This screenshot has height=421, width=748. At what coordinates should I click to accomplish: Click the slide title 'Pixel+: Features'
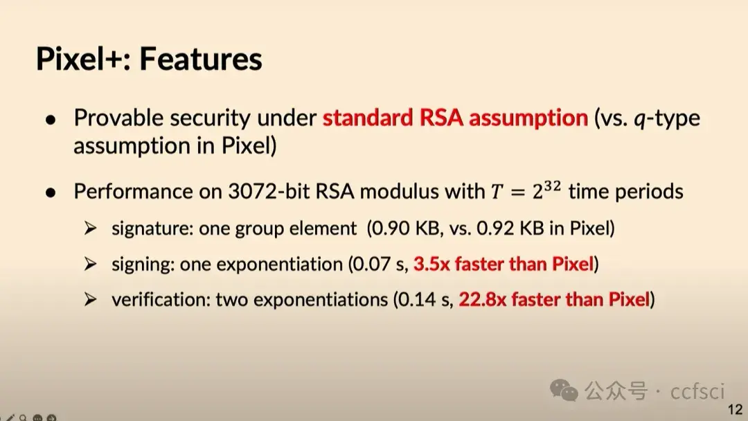(x=149, y=59)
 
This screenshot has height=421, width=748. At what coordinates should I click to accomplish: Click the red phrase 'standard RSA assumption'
(x=455, y=118)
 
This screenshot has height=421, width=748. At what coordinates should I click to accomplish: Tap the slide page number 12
(x=735, y=409)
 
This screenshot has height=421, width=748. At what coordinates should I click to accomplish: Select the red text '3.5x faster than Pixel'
(x=504, y=264)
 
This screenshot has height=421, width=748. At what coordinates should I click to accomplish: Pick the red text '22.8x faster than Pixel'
(x=553, y=300)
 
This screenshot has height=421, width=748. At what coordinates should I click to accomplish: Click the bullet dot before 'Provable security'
(x=51, y=119)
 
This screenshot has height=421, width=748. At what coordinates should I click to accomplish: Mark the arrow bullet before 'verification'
(x=90, y=300)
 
